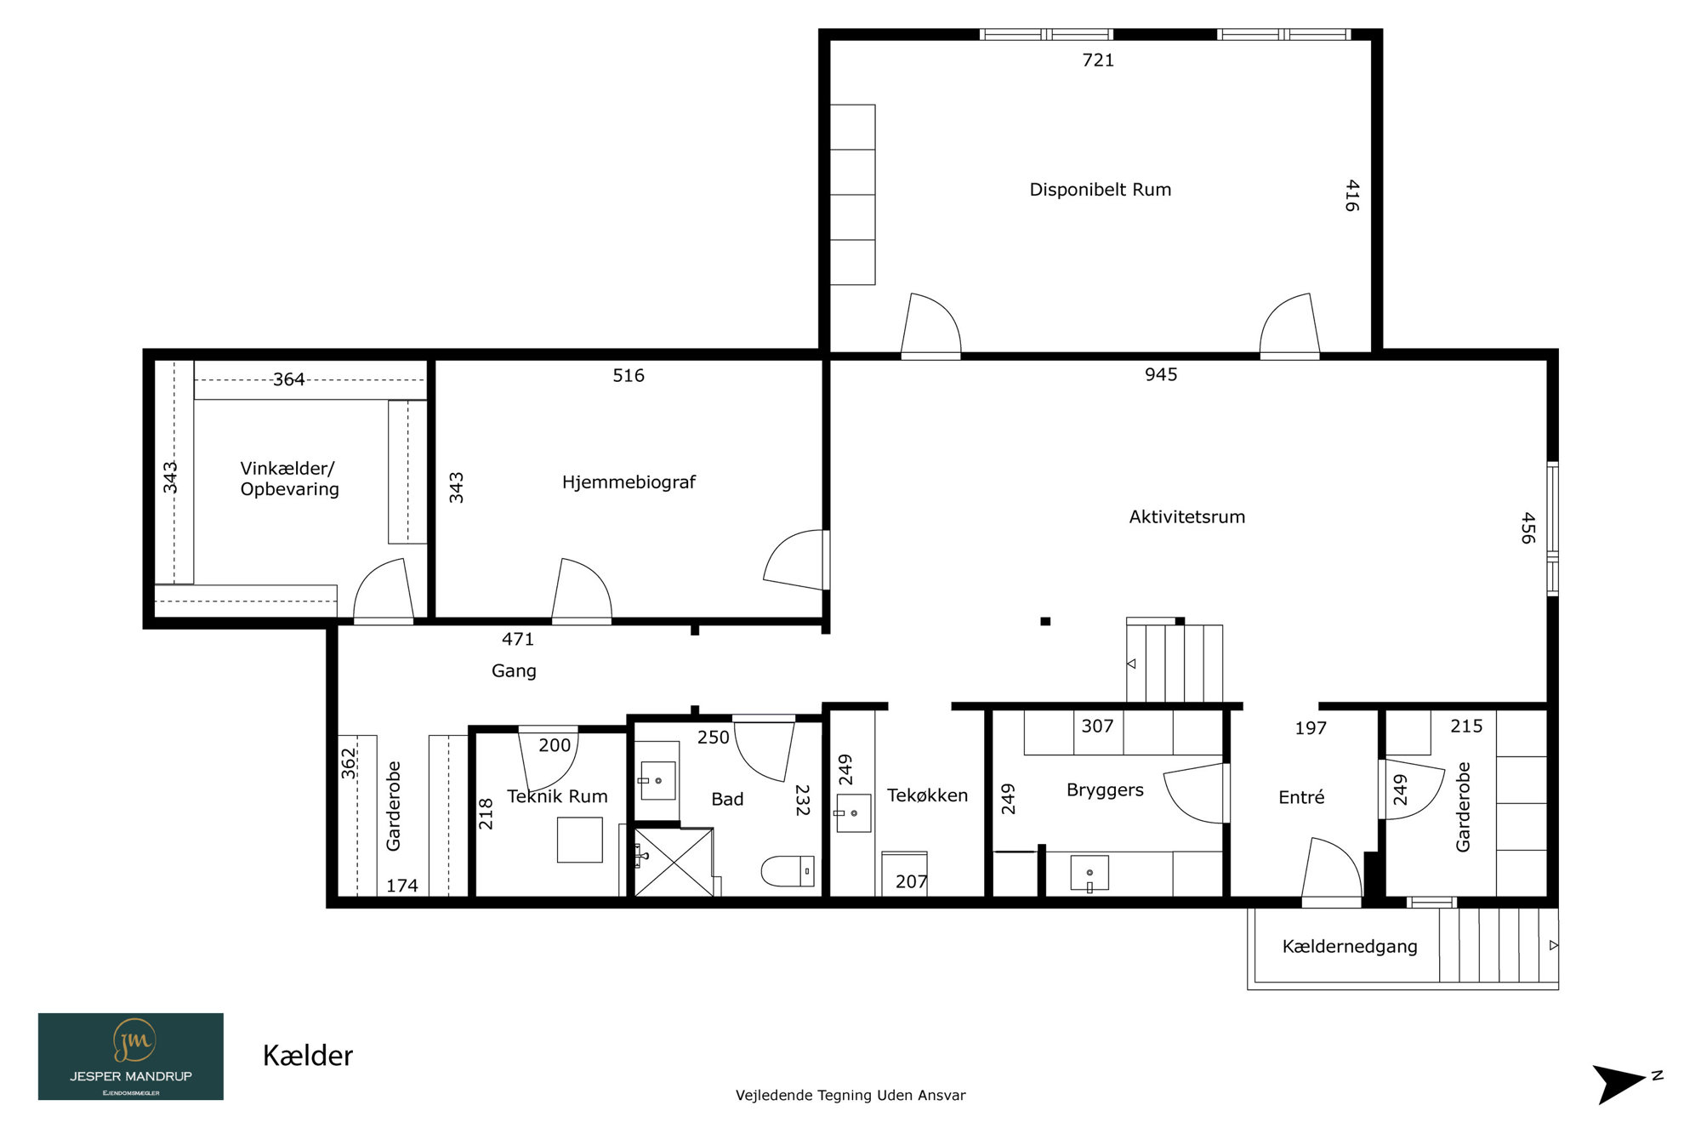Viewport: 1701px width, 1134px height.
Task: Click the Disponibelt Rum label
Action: pyautogui.click(x=1100, y=190)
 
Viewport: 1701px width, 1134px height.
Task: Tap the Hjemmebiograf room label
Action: pyautogui.click(x=629, y=482)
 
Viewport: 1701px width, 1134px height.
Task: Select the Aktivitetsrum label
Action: pyautogui.click(x=1186, y=516)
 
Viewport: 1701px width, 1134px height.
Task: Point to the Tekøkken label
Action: pyautogui.click(x=927, y=795)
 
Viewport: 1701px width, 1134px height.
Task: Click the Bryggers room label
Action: pyautogui.click(x=1105, y=790)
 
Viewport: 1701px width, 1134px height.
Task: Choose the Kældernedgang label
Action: pyautogui.click(x=1350, y=947)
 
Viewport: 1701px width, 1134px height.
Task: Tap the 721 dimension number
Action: pyautogui.click(x=1097, y=60)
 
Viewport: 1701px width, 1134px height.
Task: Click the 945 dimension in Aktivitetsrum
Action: pyautogui.click(x=1161, y=375)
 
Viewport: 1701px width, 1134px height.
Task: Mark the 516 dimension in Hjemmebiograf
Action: pyautogui.click(x=629, y=376)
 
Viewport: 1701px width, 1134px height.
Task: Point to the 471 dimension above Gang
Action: pyautogui.click(x=518, y=640)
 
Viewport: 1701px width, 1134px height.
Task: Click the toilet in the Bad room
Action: pyautogui.click(x=788, y=871)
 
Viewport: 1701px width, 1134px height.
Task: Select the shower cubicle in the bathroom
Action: pyautogui.click(x=674, y=862)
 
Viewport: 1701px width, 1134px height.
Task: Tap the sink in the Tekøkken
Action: pyautogui.click(x=853, y=813)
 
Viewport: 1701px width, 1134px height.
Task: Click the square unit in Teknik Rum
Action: pyautogui.click(x=580, y=840)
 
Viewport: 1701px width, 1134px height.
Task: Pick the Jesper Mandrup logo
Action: pyautogui.click(x=131, y=1057)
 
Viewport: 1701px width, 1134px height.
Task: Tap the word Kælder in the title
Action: pyautogui.click(x=308, y=1056)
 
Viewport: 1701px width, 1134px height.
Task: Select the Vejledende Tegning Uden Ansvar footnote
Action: pyautogui.click(x=850, y=1096)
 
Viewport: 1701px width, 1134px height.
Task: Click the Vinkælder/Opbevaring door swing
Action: pyautogui.click(x=384, y=589)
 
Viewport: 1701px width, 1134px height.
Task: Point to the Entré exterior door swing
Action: pyautogui.click(x=1333, y=868)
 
